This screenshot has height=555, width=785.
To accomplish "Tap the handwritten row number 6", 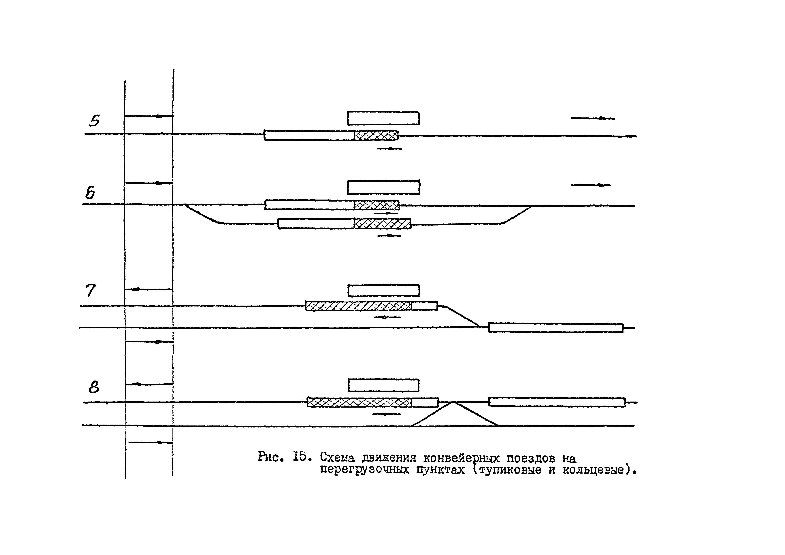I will [90, 194].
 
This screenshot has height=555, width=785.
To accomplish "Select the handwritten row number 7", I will [90, 290].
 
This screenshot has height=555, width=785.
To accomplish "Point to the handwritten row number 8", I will [94, 387].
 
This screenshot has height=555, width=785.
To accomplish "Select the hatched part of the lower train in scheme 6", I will [382, 224].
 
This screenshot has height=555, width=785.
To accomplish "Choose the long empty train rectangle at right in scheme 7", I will [556, 327].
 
